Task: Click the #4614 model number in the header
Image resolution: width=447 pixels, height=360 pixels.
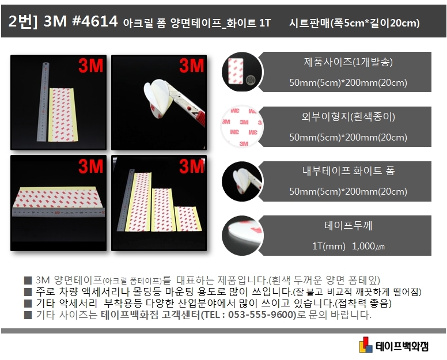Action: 94,21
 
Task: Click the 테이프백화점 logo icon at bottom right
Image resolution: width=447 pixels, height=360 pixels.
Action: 366,344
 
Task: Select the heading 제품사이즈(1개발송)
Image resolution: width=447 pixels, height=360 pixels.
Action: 348,62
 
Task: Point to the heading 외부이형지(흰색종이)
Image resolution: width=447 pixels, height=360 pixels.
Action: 348,116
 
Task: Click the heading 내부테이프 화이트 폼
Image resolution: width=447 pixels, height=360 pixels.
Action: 348,170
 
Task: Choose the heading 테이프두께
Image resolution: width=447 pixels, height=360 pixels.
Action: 348,225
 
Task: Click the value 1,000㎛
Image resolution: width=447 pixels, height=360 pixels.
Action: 368,246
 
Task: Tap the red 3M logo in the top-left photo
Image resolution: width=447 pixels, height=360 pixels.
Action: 90,66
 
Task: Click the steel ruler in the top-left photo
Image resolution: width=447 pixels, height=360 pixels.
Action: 43,102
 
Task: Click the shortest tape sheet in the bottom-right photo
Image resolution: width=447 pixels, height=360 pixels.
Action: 188,219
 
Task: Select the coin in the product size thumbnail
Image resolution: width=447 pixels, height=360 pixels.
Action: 250,79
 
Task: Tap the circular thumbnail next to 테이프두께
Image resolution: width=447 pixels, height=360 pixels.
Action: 242,236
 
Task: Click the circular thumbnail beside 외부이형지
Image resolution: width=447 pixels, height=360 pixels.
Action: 242,127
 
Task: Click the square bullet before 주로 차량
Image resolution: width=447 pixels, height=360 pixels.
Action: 28,292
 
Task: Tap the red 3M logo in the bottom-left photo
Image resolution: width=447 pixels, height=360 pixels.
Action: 90,166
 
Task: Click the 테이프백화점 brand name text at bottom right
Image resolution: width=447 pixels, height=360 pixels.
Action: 401,346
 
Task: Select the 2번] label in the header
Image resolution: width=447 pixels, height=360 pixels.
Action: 23,21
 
